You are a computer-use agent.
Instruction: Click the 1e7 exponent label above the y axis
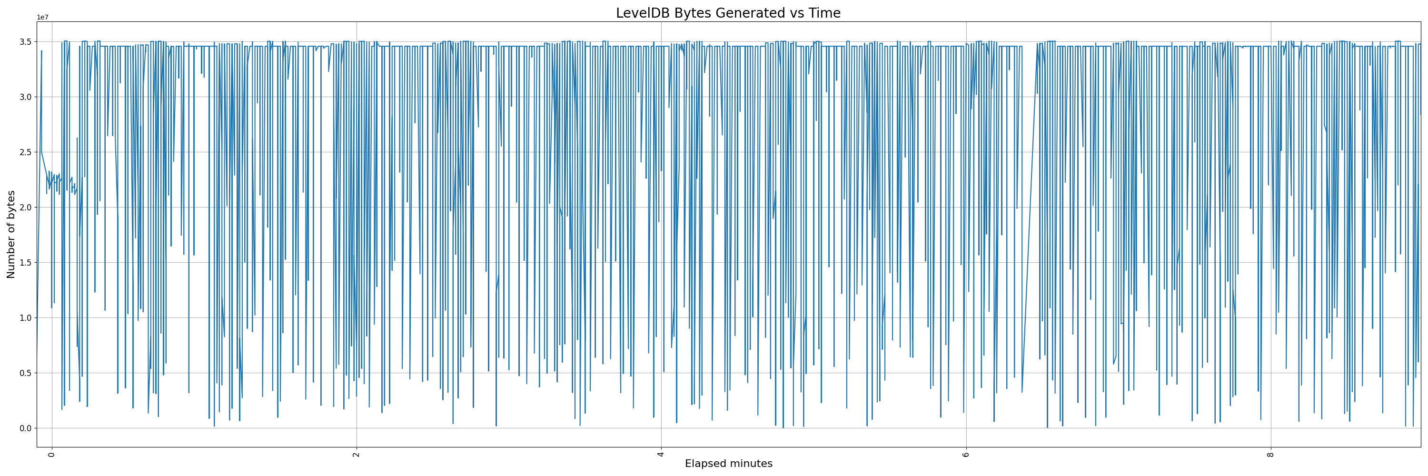click(43, 18)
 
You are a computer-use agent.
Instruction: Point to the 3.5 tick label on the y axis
click(24, 42)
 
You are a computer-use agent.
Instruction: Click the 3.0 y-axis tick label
click(24, 97)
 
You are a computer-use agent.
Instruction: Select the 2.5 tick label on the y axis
click(24, 152)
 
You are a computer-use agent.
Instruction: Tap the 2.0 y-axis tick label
click(24, 207)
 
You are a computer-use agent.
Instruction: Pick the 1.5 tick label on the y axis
click(24, 263)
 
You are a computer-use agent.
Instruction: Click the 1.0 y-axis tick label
click(24, 318)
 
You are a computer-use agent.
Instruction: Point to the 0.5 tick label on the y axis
click(24, 373)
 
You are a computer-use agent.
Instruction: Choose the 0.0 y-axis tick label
click(24, 428)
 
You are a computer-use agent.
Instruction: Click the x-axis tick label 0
click(52, 455)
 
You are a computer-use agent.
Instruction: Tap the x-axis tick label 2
click(357, 455)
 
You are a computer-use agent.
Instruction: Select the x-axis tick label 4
click(661, 455)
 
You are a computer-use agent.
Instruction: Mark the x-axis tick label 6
click(966, 455)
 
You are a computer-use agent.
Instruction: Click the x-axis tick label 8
click(1270, 455)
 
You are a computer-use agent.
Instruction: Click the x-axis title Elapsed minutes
click(728, 464)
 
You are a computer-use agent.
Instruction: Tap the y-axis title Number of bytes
click(11, 234)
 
